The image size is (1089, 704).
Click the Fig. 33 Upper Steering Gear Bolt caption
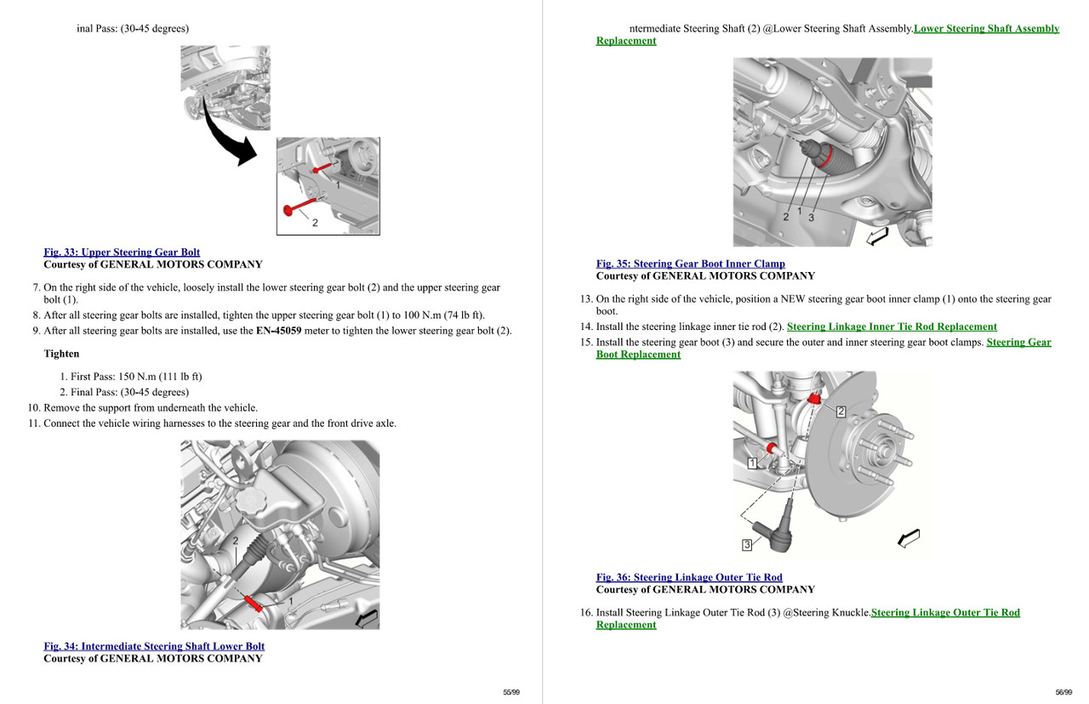click(122, 253)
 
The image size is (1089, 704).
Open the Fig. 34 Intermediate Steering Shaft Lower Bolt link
click(154, 646)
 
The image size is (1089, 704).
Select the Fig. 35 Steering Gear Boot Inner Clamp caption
click(690, 264)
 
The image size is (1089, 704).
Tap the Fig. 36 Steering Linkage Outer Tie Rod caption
click(689, 577)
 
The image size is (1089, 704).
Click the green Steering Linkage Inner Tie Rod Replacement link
click(892, 326)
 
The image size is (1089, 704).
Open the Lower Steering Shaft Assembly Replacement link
click(986, 29)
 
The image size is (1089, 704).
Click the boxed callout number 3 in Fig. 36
click(747, 544)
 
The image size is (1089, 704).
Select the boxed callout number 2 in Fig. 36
click(841, 412)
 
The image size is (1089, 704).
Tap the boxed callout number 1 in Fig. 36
click(752, 463)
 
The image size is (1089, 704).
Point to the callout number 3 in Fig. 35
click(811, 218)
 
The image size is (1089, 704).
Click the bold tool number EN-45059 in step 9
click(278, 331)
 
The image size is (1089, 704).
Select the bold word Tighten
click(61, 354)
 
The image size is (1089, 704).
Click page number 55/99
click(510, 692)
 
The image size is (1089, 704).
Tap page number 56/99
click(1063, 692)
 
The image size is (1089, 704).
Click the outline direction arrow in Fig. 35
click(877, 235)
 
